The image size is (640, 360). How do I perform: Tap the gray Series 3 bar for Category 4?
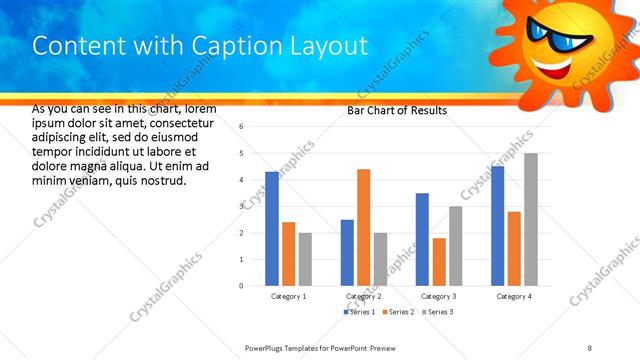pyautogui.click(x=531, y=219)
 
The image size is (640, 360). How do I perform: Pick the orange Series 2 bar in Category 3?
pyautogui.click(x=439, y=261)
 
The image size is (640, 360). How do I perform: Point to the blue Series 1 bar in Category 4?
pyautogui.click(x=498, y=225)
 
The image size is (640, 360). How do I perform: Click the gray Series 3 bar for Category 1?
pyautogui.click(x=305, y=259)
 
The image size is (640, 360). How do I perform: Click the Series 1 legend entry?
pyautogui.click(x=359, y=313)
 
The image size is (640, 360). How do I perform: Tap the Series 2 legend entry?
pyautogui.click(x=400, y=313)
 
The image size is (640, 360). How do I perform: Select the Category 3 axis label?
pyautogui.click(x=439, y=297)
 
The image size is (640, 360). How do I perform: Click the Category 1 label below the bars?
pyautogui.click(x=289, y=297)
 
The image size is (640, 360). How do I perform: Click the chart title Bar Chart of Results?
pyautogui.click(x=397, y=111)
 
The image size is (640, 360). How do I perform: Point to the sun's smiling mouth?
pyautogui.click(x=557, y=68)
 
